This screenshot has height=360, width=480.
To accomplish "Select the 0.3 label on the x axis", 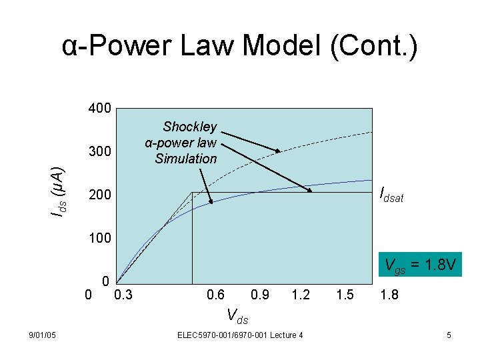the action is tap(123, 294).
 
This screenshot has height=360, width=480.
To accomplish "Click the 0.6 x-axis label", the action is tap(216, 294).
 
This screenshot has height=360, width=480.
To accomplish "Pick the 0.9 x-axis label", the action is tap(259, 294).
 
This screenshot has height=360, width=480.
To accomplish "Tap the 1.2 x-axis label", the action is tap(301, 294).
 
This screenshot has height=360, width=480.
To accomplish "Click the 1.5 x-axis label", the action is tap(345, 294).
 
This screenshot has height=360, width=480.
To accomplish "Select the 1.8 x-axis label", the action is tap(389, 294).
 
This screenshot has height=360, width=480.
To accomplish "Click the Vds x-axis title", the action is tap(237, 315).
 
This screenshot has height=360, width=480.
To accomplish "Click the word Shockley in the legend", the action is tap(190, 127).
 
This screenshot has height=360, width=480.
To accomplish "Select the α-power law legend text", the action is tap(181, 143).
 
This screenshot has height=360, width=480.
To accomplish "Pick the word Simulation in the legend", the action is tap(186, 159).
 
